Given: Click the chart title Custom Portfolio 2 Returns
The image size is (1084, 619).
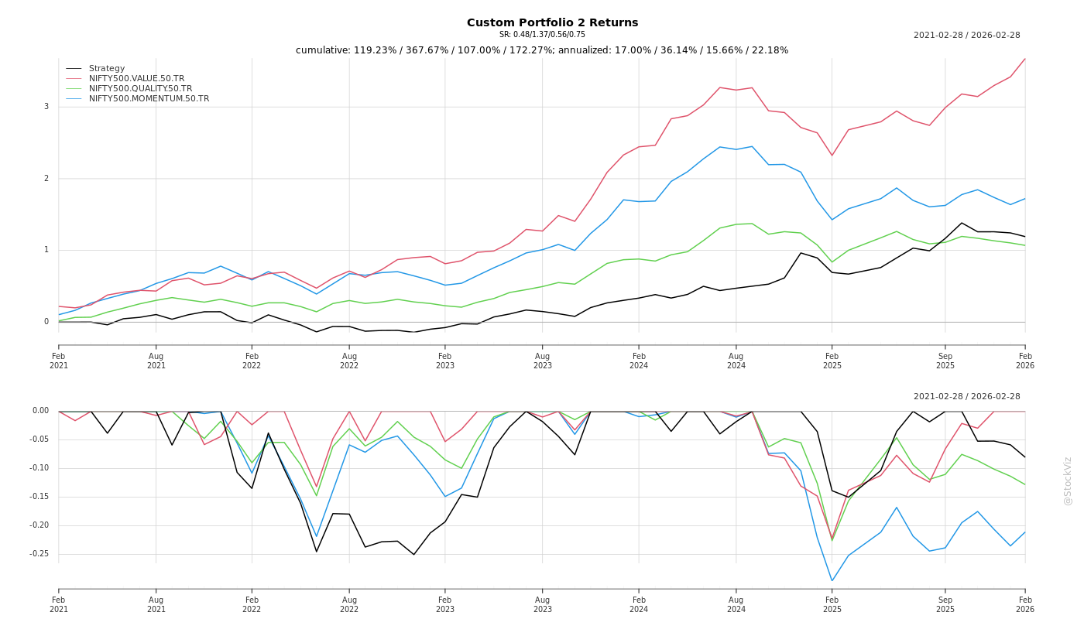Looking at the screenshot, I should point(552,22).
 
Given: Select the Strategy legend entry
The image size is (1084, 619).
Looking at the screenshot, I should point(107,69).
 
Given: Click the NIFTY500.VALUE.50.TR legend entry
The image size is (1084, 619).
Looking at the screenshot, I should point(136,79).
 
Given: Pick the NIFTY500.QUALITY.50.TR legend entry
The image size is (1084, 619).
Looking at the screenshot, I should point(140,89).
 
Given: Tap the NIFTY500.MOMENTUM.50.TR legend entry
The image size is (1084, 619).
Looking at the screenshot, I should point(149,99).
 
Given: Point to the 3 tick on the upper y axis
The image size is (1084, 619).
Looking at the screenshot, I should point(46,107).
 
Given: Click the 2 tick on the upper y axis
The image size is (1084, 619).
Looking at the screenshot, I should point(46,179).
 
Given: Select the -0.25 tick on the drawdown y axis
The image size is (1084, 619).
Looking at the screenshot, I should point(39,554).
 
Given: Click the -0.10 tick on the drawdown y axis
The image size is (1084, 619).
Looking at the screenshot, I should point(39,468).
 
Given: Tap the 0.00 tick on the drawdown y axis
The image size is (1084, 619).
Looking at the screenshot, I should point(40,411).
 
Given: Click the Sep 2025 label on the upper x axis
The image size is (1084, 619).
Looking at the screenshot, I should point(945,361).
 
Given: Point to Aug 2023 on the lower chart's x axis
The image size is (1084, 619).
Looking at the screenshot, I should point(542,604).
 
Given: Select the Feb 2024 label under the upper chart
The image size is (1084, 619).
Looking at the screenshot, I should point(639,361).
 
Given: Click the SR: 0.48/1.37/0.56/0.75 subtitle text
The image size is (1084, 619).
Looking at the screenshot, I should point(542,35).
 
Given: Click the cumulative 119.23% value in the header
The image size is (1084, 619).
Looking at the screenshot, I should point(376,50).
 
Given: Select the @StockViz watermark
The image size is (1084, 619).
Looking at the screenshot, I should point(1068,480).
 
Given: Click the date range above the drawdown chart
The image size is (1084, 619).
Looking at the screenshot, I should point(966,397).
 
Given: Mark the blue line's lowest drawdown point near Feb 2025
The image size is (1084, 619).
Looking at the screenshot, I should point(832,581).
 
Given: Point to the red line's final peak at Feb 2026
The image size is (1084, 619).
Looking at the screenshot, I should point(1025,59).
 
